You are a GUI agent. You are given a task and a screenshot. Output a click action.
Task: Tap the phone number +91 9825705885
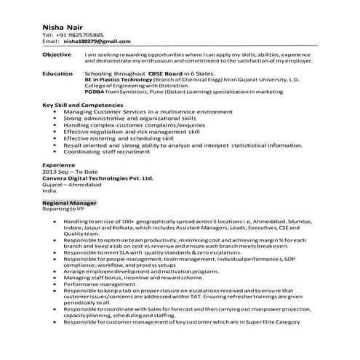[78, 35]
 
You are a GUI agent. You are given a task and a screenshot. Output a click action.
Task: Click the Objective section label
[57, 55]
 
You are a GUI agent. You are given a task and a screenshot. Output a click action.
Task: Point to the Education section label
[57, 73]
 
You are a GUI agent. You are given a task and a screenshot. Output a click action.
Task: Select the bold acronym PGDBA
[95, 92]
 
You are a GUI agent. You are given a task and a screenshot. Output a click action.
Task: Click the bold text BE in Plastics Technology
[119, 79]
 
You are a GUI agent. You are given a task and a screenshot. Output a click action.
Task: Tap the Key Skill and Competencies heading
[83, 105]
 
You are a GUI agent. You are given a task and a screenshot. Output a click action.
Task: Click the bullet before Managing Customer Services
[56, 111]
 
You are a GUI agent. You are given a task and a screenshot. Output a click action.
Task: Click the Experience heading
[59, 165]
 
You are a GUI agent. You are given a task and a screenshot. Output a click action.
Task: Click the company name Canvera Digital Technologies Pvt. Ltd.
[98, 177]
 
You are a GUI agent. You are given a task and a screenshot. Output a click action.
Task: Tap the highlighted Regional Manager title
[70, 203]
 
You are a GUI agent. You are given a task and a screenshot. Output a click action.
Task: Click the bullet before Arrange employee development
[56, 271]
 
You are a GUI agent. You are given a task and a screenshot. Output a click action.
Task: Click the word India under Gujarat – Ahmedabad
[50, 190]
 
